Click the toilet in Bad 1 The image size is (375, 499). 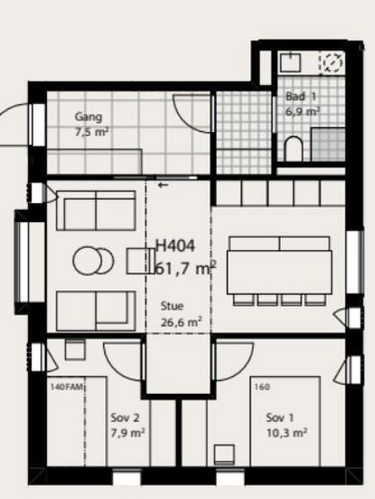pyautogui.click(x=293, y=148)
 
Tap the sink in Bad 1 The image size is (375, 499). pyautogui.click(x=290, y=62)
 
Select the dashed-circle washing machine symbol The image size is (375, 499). pyautogui.click(x=333, y=62)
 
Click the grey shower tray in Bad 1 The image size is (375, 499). pyautogui.click(x=328, y=144)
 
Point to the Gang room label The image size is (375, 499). pyautogui.click(x=88, y=117)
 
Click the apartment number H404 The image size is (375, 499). pyautogui.click(x=174, y=246)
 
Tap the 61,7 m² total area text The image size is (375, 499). pyautogui.click(x=185, y=268)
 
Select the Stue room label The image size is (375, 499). pyautogui.click(x=173, y=306)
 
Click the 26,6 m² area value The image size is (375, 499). pyautogui.click(x=181, y=323)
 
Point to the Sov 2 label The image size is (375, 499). pyautogui.click(x=125, y=417)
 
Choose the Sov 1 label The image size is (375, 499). pyautogui.click(x=280, y=417)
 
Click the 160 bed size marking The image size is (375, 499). pyautogui.click(x=262, y=387)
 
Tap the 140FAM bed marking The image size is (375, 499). pyautogui.click(x=67, y=387)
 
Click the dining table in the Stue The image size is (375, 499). pyautogui.click(x=280, y=272)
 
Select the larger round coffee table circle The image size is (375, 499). pyautogui.click(x=87, y=261)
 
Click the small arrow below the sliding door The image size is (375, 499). pyautogui.click(x=163, y=185)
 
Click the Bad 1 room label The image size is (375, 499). pyautogui.click(x=301, y=96)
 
